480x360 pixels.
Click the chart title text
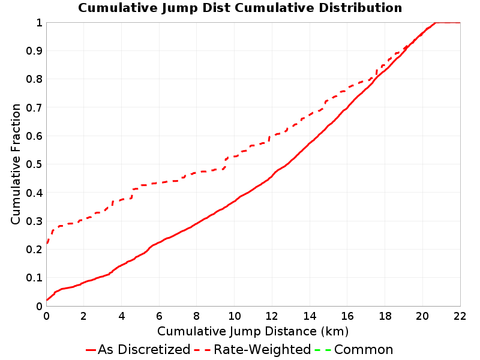pyautogui.click(x=240, y=8)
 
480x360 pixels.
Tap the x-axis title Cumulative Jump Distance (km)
pyautogui.click(x=253, y=331)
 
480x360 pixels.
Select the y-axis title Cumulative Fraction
pyautogui.click(x=16, y=164)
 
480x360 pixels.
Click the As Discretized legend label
pyautogui.click(x=144, y=350)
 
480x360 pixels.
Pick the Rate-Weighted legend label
pyautogui.click(x=262, y=350)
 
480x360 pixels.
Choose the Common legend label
pyautogui.click(x=364, y=350)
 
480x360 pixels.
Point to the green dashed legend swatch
pyautogui.click(x=323, y=350)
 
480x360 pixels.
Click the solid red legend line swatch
pyautogui.click(x=91, y=350)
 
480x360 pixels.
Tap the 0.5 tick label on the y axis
pyautogui.click(x=34, y=164)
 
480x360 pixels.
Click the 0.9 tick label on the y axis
pyautogui.click(x=34, y=51)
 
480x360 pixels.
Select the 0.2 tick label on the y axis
pyautogui.click(x=34, y=250)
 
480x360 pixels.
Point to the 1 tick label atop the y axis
pyautogui.click(x=39, y=23)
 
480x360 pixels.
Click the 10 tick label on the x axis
pyautogui.click(x=235, y=316)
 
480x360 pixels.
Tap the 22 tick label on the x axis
pyautogui.click(x=460, y=316)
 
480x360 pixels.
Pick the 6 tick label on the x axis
pyautogui.click(x=159, y=316)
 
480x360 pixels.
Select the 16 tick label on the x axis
pyautogui.click(x=347, y=316)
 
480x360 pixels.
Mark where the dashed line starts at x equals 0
pyautogui.click(x=47, y=244)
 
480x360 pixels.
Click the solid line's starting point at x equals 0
pyautogui.click(x=47, y=300)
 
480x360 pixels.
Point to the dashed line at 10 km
pyautogui.click(x=235, y=157)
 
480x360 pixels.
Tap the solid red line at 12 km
pyautogui.click(x=272, y=176)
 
